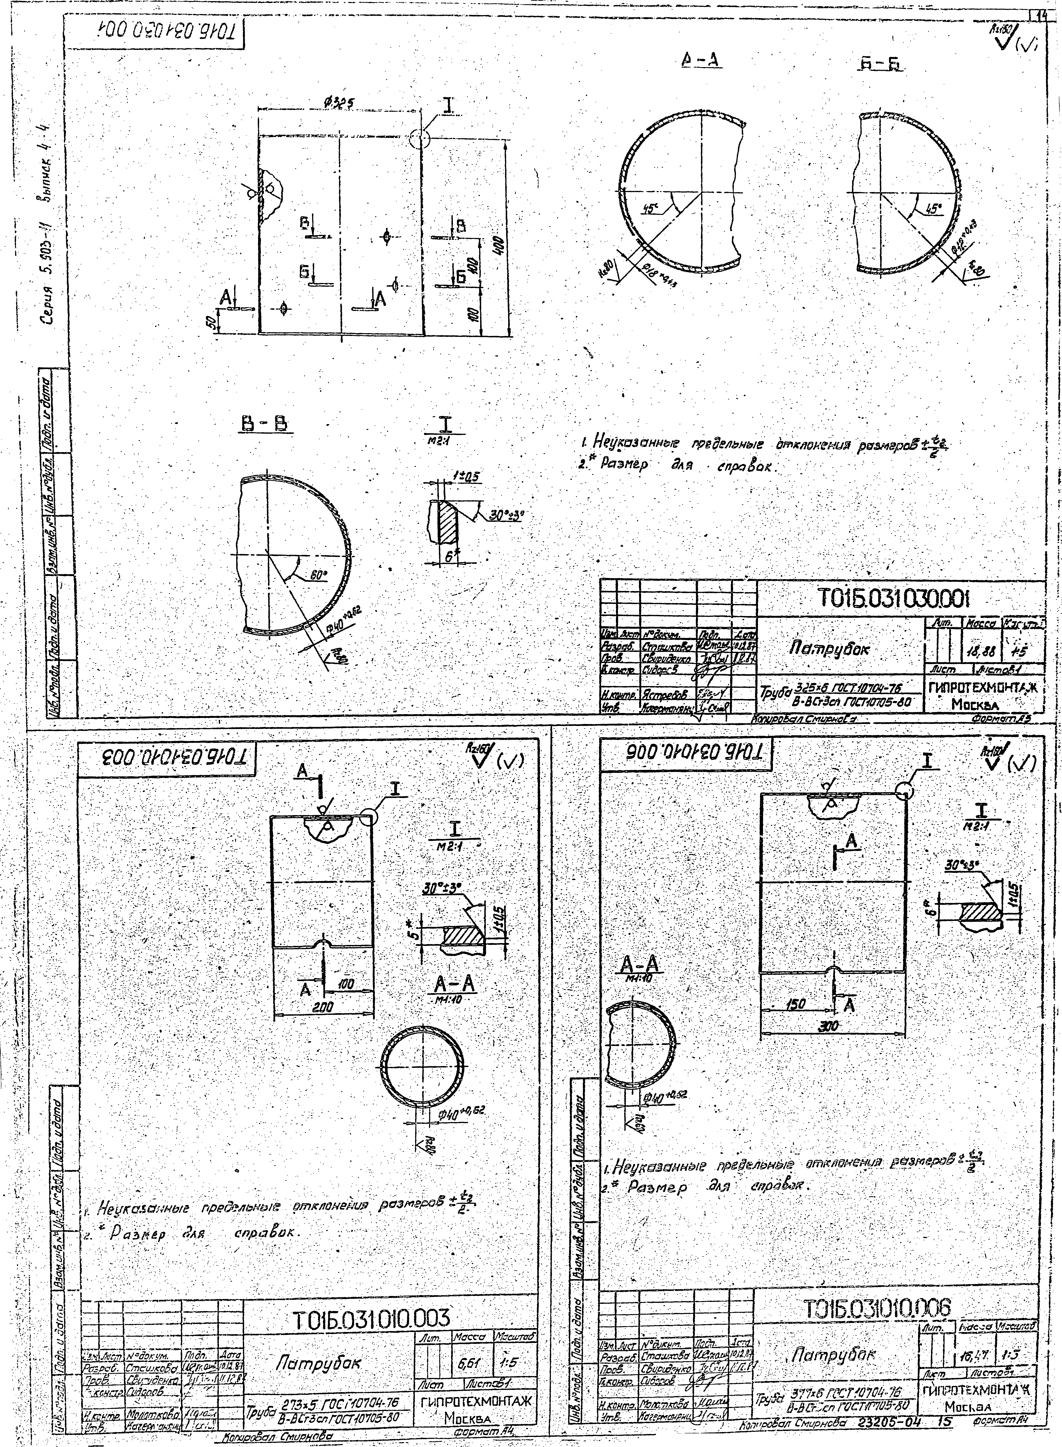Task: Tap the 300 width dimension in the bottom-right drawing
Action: click(831, 1027)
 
